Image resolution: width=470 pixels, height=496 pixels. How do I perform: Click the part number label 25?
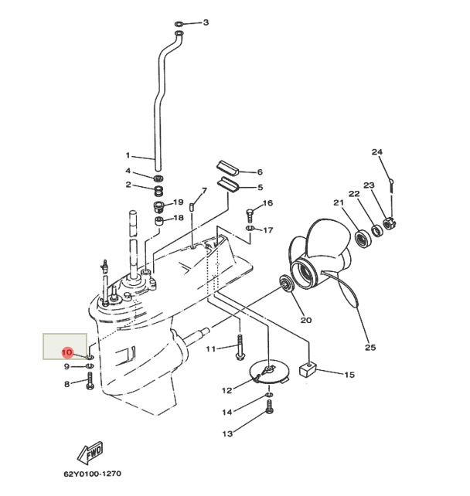tap(370, 348)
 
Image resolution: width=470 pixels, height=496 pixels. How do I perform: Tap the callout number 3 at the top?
tap(206, 22)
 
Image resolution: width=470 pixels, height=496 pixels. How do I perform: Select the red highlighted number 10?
tap(67, 352)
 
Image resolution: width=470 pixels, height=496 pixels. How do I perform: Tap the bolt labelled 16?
tap(250, 213)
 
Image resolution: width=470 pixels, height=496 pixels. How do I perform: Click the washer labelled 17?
tap(250, 229)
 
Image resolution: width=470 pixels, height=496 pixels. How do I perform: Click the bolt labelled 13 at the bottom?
tap(268, 410)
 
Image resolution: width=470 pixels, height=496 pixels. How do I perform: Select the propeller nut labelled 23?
tap(389, 224)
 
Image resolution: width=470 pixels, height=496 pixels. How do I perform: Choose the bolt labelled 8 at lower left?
tap(91, 380)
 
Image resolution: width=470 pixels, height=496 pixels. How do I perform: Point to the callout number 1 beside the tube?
tap(128, 155)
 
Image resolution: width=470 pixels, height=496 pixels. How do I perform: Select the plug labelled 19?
tap(160, 206)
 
